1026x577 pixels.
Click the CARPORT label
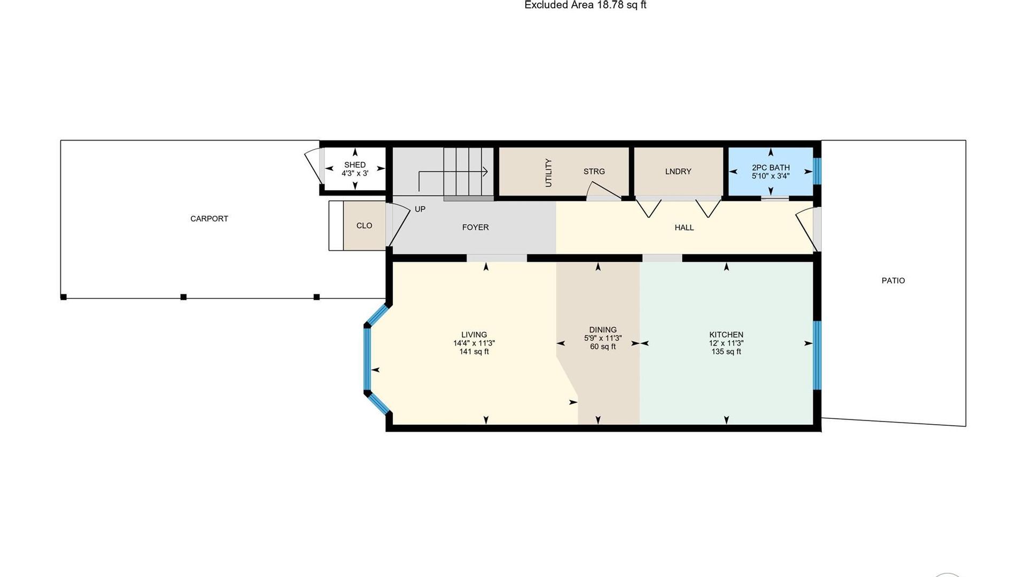click(209, 219)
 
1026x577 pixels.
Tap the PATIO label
click(893, 280)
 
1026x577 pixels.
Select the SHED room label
click(355, 165)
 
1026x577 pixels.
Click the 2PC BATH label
click(771, 168)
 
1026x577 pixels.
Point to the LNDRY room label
click(678, 171)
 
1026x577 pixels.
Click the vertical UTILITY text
click(548, 173)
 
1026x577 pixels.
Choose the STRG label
click(594, 171)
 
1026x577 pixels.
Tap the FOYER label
click(475, 228)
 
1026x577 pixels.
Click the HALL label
click(684, 228)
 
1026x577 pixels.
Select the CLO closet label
click(364, 225)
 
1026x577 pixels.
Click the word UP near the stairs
click(420, 209)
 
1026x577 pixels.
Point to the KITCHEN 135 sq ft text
click(726, 352)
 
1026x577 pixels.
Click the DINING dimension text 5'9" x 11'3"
click(603, 338)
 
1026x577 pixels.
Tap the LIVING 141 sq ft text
click(474, 352)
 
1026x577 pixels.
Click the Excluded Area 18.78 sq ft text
click(585, 5)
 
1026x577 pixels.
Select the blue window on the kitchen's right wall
click(817, 355)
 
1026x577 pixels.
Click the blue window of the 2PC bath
click(817, 170)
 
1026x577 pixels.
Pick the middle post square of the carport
click(183, 297)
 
